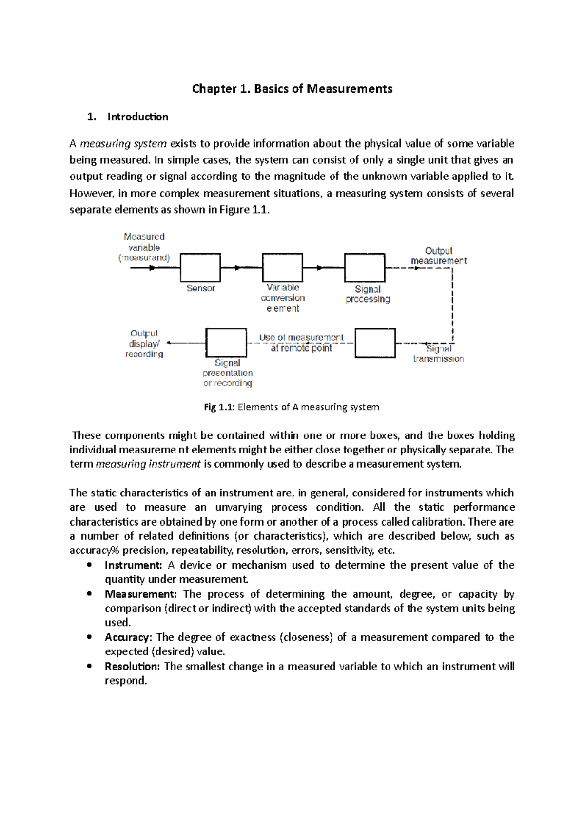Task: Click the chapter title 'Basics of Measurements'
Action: coord(323,89)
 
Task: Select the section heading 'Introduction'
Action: coord(137,117)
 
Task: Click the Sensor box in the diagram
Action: coord(200,267)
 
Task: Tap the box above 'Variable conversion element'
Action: coord(282,267)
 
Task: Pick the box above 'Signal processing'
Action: coord(365,267)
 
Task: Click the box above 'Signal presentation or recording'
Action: coord(226,343)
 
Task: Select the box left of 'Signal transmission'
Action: coord(375,343)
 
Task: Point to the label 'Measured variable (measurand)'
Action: coord(144,247)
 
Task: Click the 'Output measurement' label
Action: coord(438,256)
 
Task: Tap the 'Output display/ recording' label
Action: coord(144,344)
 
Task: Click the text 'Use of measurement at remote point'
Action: coord(301,343)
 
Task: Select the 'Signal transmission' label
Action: coord(438,354)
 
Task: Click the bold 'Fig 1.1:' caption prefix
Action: coord(219,407)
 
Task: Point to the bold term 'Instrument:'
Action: coord(133,565)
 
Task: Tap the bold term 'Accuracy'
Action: coord(127,638)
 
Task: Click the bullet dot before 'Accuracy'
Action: coord(89,637)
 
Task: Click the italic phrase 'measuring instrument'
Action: coord(148,464)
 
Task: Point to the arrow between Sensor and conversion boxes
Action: coord(237,267)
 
